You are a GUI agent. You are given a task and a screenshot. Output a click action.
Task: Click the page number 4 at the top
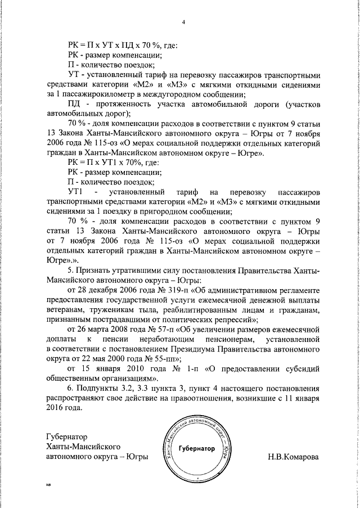point(184,22)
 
